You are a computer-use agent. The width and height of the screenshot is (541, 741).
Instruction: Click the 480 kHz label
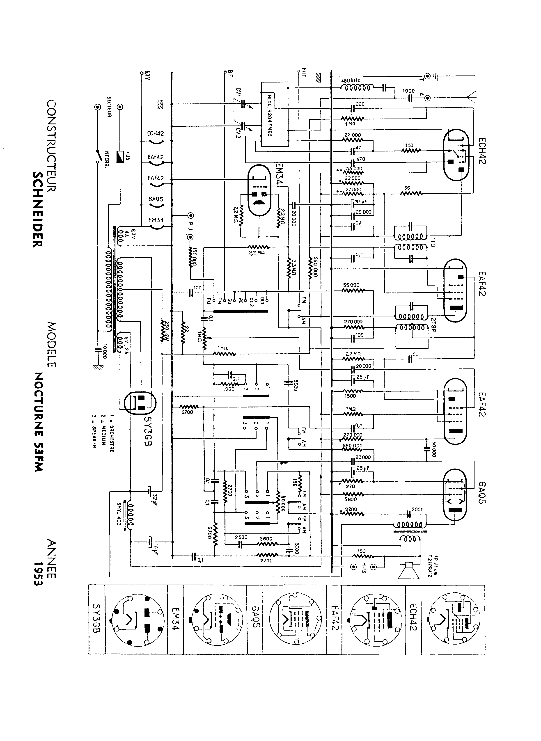(x=351, y=80)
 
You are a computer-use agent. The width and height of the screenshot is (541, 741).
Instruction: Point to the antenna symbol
(x=472, y=98)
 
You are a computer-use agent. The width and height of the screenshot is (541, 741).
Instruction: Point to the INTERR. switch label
(x=107, y=160)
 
